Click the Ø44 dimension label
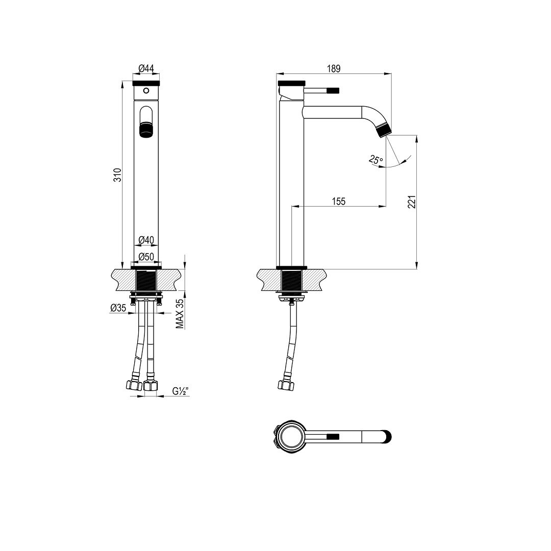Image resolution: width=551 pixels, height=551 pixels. click(x=146, y=68)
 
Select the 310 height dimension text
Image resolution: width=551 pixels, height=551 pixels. click(x=117, y=175)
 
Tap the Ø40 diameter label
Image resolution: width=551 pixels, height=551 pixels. click(x=146, y=240)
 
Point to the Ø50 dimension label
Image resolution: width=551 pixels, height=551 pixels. click(x=146, y=257)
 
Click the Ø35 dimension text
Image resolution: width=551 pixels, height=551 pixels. click(x=118, y=308)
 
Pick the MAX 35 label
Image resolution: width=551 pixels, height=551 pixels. click(x=180, y=314)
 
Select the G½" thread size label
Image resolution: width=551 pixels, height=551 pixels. click(x=181, y=391)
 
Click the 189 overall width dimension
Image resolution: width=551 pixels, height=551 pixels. click(x=334, y=68)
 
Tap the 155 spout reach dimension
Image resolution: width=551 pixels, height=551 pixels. click(x=339, y=202)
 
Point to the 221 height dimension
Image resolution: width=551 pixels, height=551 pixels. click(x=412, y=202)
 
